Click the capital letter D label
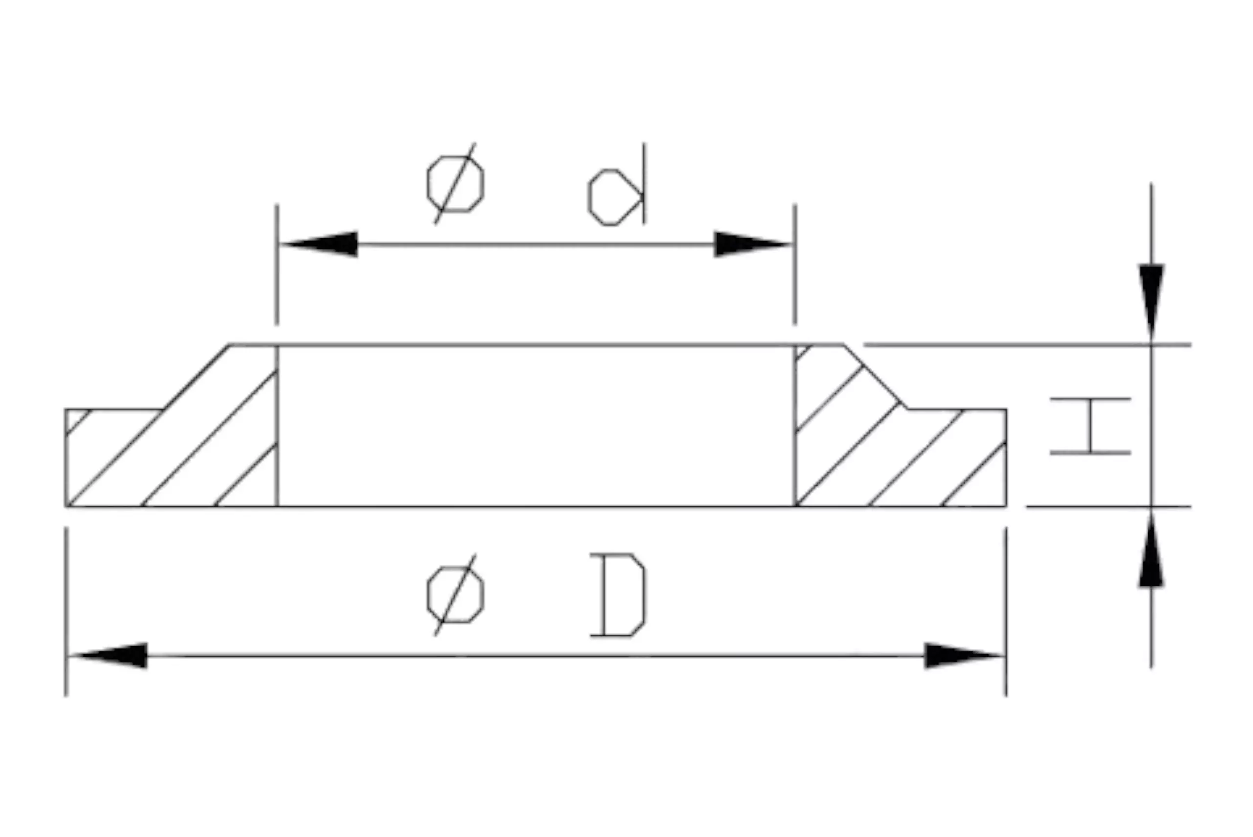click(x=618, y=595)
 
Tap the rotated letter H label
click(x=1091, y=426)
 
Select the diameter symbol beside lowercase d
click(x=455, y=184)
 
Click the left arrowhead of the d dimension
click(x=320, y=244)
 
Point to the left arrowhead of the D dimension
click(x=109, y=655)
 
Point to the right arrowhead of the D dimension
click(x=963, y=655)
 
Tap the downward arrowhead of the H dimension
click(x=1151, y=302)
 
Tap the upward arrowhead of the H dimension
click(x=1151, y=549)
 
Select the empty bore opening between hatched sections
click(x=536, y=426)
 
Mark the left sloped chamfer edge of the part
click(x=196, y=377)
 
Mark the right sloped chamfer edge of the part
click(x=875, y=377)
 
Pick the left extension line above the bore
click(x=277, y=264)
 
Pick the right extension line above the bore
click(x=795, y=264)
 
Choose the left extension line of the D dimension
click(x=66, y=612)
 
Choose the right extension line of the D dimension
click(x=1006, y=612)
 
